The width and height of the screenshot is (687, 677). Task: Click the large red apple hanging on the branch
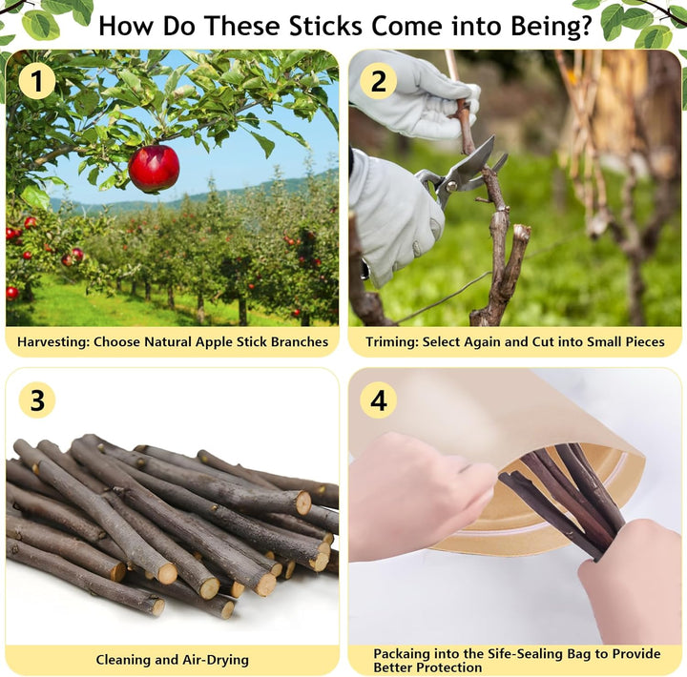point(154,168)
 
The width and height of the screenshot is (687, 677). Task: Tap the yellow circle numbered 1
point(36,81)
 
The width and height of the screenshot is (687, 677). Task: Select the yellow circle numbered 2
point(378,81)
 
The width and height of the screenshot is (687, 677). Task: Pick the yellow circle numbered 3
point(36,400)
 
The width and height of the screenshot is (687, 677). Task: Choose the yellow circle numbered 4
point(378,400)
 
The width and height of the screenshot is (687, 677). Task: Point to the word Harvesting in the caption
point(51,341)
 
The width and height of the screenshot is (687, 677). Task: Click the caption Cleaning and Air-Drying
point(172,659)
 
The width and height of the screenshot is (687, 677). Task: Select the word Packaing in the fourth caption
point(403,653)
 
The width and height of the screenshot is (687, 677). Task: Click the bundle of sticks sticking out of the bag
point(563,496)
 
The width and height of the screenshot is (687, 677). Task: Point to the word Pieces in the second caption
point(640,341)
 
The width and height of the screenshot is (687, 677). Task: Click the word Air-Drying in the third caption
point(212,659)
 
